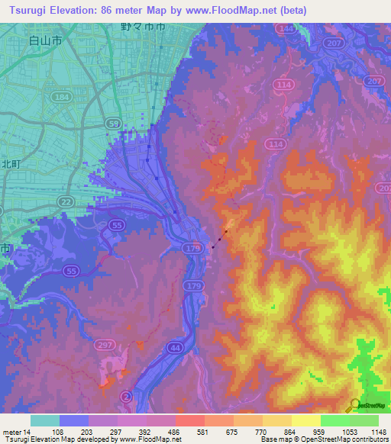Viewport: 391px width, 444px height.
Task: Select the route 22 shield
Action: pyautogui.click(x=67, y=200)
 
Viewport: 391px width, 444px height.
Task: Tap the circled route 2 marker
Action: pyautogui.click(x=127, y=396)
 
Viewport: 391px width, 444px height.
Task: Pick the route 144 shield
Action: pyautogui.click(x=286, y=28)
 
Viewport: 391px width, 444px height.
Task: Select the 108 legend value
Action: pyautogui.click(x=59, y=432)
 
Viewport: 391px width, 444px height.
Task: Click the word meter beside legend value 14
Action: pyautogui.click(x=12, y=432)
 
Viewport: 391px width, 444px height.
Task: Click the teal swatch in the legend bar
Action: pyautogui.click(x=44, y=420)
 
